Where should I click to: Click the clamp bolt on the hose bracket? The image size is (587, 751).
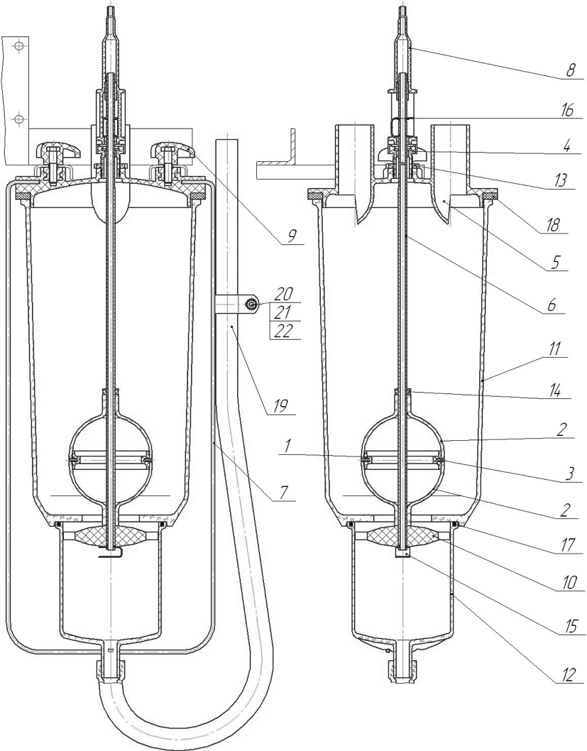[x=252, y=305]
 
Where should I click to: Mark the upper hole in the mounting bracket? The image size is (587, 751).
[x=20, y=45]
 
